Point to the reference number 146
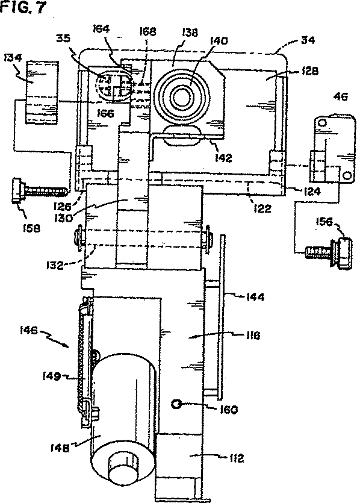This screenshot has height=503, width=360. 29,330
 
